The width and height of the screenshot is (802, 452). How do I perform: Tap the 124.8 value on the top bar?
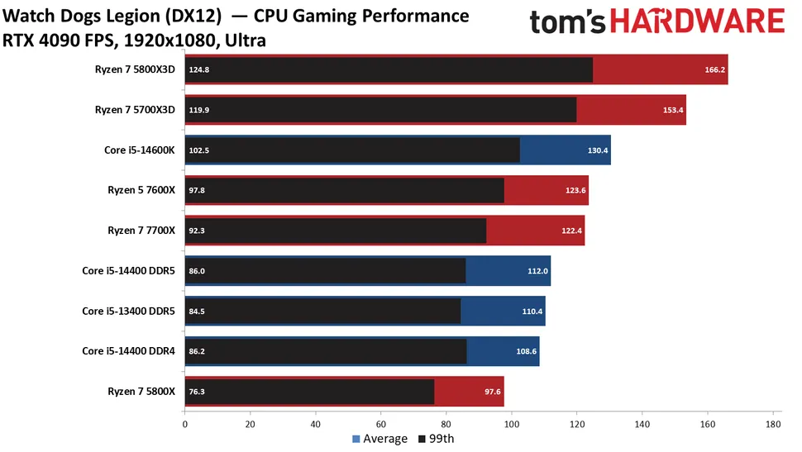click(199, 70)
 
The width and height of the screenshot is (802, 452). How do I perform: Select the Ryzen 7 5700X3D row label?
click(135, 110)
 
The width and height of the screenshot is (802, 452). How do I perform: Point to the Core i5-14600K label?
click(140, 150)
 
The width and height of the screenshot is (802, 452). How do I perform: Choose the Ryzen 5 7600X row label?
click(142, 190)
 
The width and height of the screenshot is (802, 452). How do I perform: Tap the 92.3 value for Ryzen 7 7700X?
click(198, 231)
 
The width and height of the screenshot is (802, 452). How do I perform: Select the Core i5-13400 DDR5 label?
click(128, 311)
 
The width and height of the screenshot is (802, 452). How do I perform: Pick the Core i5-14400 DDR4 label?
click(128, 351)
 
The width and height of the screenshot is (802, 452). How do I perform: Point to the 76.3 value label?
click(198, 392)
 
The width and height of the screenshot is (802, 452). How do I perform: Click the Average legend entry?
click(380, 439)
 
